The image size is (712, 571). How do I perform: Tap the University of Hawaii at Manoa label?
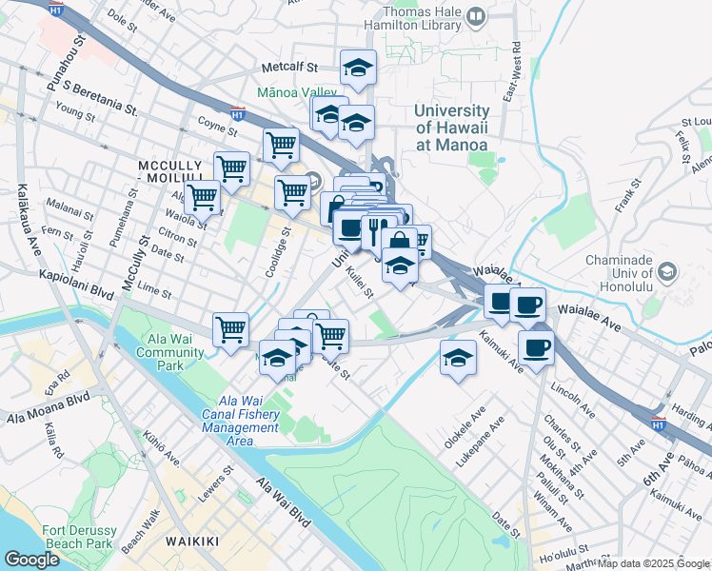(451, 128)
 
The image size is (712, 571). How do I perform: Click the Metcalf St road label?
(289, 68)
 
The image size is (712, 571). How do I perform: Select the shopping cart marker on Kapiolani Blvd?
(230, 329)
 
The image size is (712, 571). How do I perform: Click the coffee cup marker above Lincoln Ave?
(536, 347)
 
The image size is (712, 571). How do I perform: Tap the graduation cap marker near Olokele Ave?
(458, 358)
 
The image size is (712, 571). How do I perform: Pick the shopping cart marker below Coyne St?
(281, 146)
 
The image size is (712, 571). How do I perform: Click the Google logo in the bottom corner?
(31, 560)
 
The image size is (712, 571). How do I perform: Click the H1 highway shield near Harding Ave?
(658, 420)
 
